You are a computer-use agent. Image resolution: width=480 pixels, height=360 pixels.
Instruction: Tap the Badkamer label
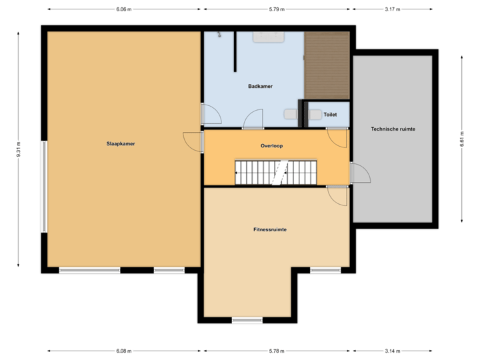tap(260, 87)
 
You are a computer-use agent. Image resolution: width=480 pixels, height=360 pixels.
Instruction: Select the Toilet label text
tap(330, 115)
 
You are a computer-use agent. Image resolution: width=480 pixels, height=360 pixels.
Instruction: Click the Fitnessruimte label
tap(270, 229)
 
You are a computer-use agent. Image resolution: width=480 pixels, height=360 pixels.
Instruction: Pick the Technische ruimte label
tap(393, 129)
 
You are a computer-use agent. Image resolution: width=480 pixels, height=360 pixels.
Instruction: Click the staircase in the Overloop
tap(275, 173)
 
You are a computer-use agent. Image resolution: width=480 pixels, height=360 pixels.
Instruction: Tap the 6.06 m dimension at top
tap(124, 9)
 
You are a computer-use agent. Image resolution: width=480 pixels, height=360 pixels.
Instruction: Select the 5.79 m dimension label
tap(277, 9)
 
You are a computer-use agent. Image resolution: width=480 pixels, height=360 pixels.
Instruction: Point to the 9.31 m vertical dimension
tap(19, 148)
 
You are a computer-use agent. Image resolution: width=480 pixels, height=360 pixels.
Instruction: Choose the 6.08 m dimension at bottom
tap(124, 351)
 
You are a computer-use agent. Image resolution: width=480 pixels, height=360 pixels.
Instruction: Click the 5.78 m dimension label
tap(277, 351)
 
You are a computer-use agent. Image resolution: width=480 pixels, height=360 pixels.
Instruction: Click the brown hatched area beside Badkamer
tap(327, 65)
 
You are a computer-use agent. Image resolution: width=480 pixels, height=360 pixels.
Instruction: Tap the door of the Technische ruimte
tap(359, 173)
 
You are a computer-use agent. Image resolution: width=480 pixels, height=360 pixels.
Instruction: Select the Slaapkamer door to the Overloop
tap(193, 141)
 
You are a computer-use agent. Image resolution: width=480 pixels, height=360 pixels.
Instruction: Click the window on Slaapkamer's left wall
tap(44, 186)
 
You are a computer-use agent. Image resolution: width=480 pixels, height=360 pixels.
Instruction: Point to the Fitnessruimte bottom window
tap(247, 321)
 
